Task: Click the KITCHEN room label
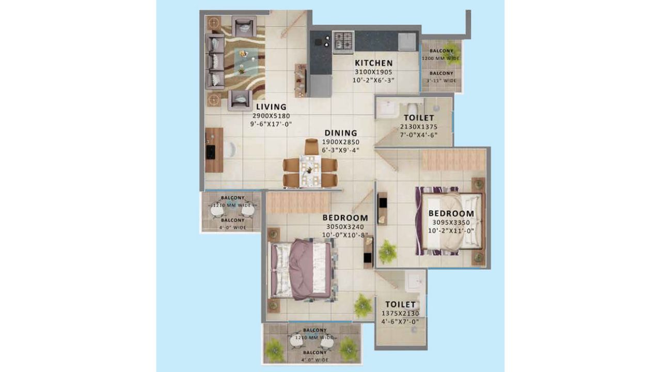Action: [x=373, y=63]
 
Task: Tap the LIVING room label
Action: [x=271, y=107]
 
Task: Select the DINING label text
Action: [x=341, y=133]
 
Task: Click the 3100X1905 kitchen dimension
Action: [x=373, y=72]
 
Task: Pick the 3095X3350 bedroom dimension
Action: [x=451, y=223]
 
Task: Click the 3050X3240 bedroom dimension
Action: [x=345, y=227]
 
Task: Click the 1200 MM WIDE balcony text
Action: [x=441, y=58]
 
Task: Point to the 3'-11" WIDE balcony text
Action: [x=441, y=81]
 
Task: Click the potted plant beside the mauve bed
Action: [x=363, y=305]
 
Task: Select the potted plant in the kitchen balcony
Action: [x=451, y=48]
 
